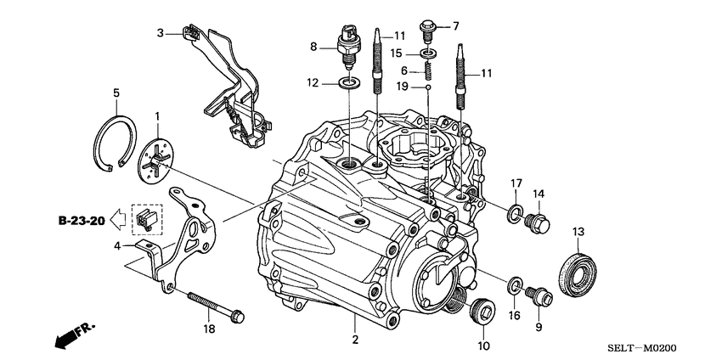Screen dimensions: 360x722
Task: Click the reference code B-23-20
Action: [x=82, y=222]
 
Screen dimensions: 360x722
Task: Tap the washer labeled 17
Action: [x=515, y=213]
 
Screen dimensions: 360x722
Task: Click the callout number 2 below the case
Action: [x=355, y=339]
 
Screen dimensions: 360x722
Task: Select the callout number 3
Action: [x=160, y=33]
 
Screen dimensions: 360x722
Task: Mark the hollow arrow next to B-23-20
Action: [x=120, y=222]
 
